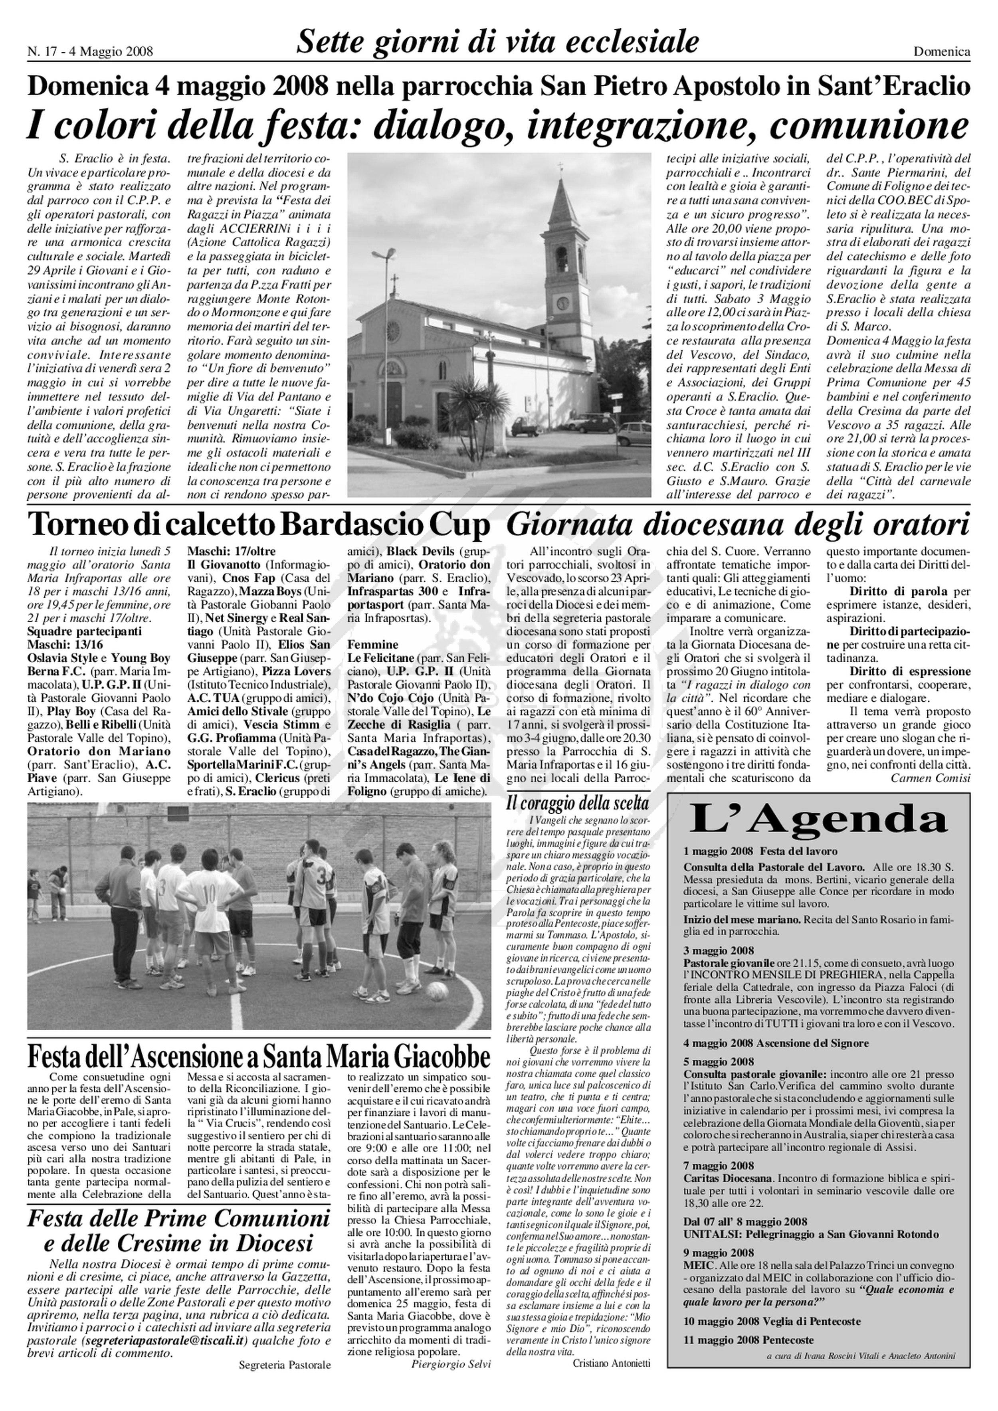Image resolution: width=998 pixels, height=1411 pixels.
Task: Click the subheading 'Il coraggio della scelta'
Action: (578, 803)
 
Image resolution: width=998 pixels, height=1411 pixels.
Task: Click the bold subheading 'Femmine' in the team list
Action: (372, 645)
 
